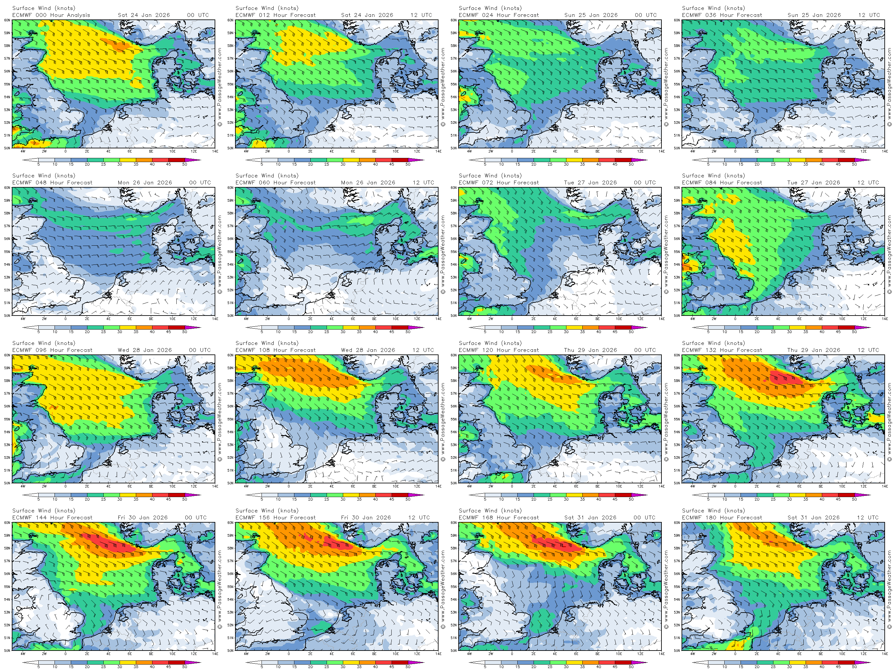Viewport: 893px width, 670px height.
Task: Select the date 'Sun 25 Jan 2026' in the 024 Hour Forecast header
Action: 591,15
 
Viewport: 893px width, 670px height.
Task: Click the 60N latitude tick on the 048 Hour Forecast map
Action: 7,188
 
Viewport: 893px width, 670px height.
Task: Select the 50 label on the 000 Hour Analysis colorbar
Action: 184,164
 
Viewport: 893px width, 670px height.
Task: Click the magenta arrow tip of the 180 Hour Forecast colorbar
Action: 868,662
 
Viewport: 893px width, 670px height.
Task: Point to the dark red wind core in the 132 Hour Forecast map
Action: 785,378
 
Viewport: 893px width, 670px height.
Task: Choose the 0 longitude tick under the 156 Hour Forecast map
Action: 289,654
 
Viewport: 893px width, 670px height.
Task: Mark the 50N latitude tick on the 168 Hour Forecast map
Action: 454,651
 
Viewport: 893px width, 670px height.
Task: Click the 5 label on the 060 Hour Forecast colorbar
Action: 262,331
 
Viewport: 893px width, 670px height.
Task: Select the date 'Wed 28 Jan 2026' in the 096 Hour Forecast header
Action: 144,350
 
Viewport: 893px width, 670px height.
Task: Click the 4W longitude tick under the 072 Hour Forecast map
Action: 469,319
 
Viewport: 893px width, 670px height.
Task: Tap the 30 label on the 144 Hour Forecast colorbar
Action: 120,667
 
